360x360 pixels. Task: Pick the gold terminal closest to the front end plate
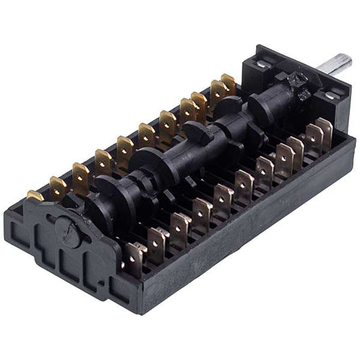coord(35,196)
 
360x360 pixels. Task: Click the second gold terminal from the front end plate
coord(58,186)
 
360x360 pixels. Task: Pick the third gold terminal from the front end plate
coord(80,175)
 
